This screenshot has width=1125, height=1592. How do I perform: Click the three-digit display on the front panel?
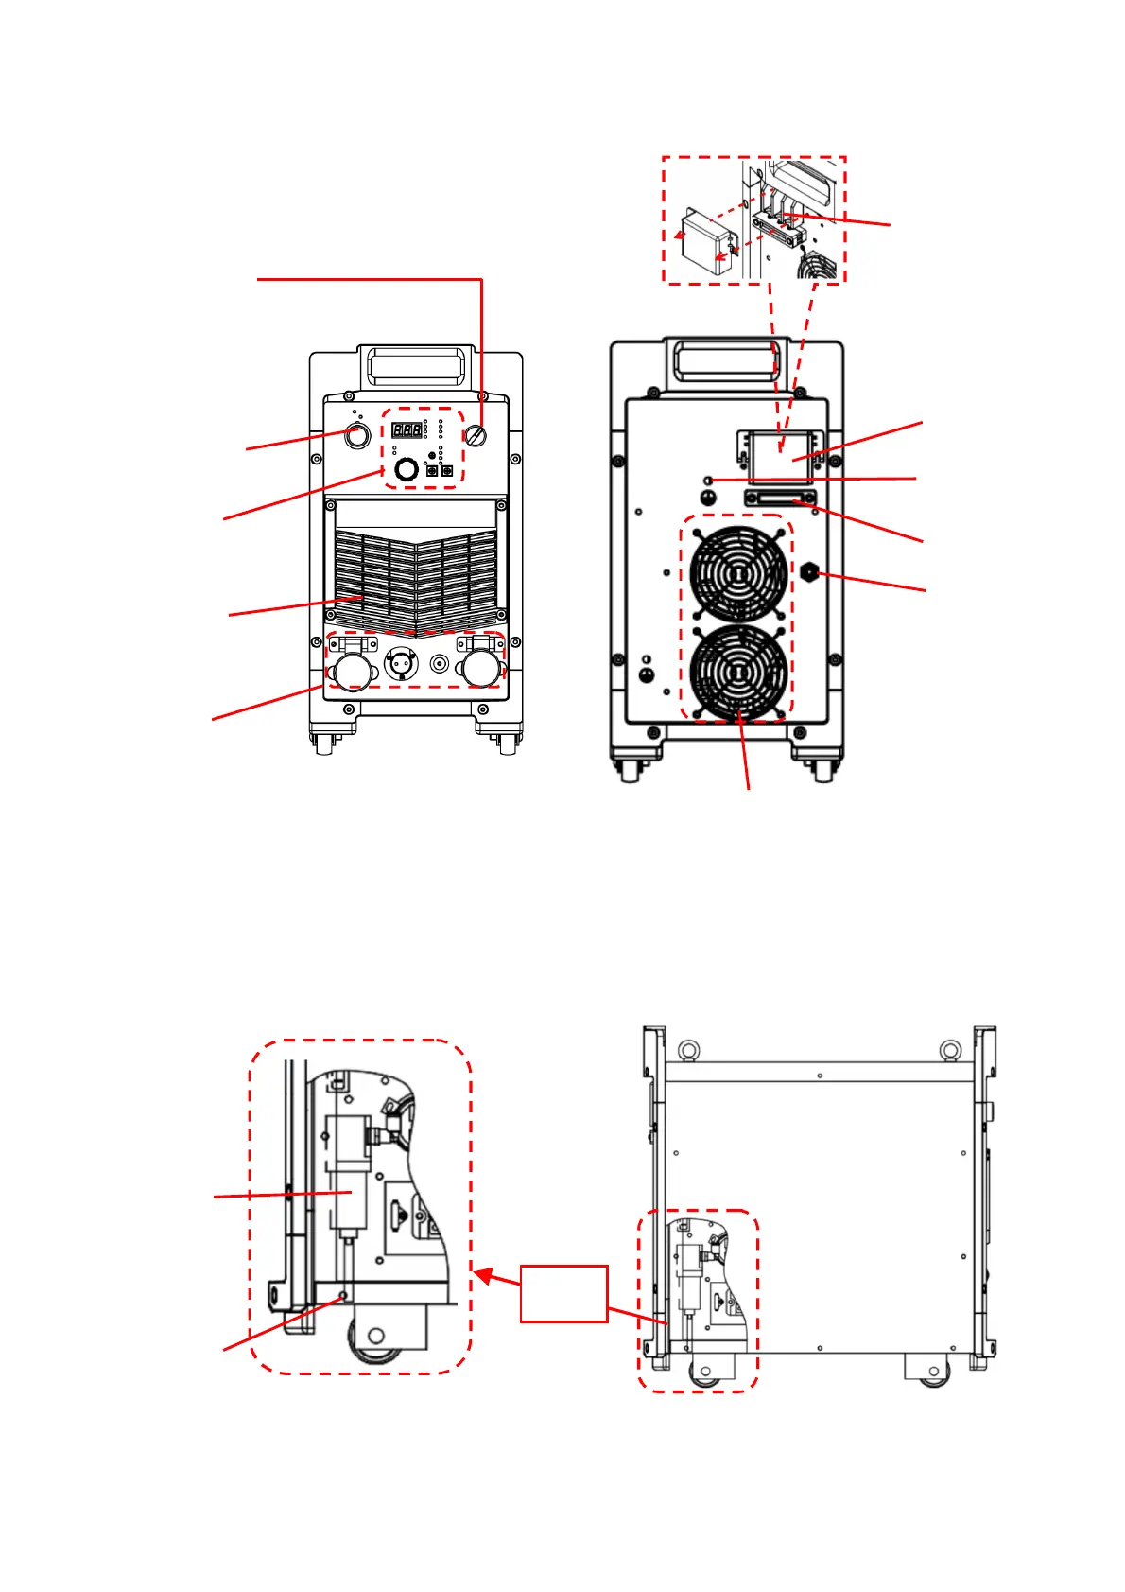(x=407, y=429)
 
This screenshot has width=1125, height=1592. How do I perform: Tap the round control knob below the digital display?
(x=406, y=469)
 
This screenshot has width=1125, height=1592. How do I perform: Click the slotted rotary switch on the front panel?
(x=476, y=436)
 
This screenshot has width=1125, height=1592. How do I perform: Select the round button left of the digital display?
(x=356, y=436)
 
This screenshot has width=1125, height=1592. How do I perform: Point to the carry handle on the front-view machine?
(x=417, y=364)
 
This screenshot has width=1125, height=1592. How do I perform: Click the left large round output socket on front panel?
(x=352, y=671)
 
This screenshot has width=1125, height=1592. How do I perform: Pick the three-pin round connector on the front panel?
(x=402, y=664)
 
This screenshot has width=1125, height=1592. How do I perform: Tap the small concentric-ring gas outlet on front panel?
(x=439, y=664)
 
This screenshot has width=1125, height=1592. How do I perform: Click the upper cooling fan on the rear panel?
(x=738, y=573)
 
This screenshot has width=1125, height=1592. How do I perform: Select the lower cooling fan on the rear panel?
(x=738, y=672)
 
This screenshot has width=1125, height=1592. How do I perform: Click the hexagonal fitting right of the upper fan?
(x=809, y=572)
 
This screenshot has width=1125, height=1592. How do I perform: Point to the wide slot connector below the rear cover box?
(x=780, y=499)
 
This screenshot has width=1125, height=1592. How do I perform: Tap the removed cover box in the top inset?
(x=706, y=242)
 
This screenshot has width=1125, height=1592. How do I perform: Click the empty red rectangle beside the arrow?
(x=563, y=1292)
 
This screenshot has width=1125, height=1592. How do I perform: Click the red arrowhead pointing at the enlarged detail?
(x=483, y=1276)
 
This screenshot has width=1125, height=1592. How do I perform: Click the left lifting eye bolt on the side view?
(x=687, y=1051)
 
